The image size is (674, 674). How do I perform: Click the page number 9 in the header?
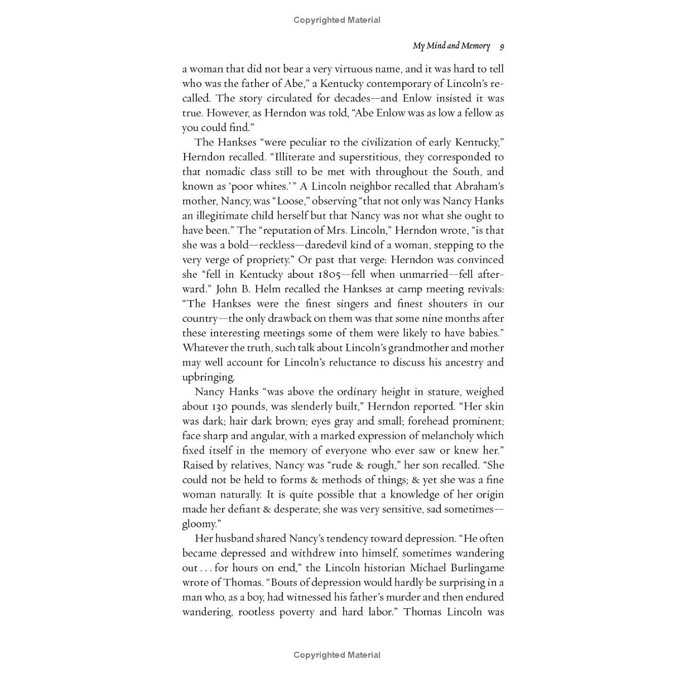tap(502, 46)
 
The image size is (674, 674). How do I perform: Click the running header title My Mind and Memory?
tap(451, 46)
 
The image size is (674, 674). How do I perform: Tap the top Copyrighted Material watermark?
tap(337, 20)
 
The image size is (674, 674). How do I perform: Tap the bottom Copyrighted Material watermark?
tap(337, 655)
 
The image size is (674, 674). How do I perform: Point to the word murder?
tap(405, 597)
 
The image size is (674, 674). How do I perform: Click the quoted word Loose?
tap(290, 201)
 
